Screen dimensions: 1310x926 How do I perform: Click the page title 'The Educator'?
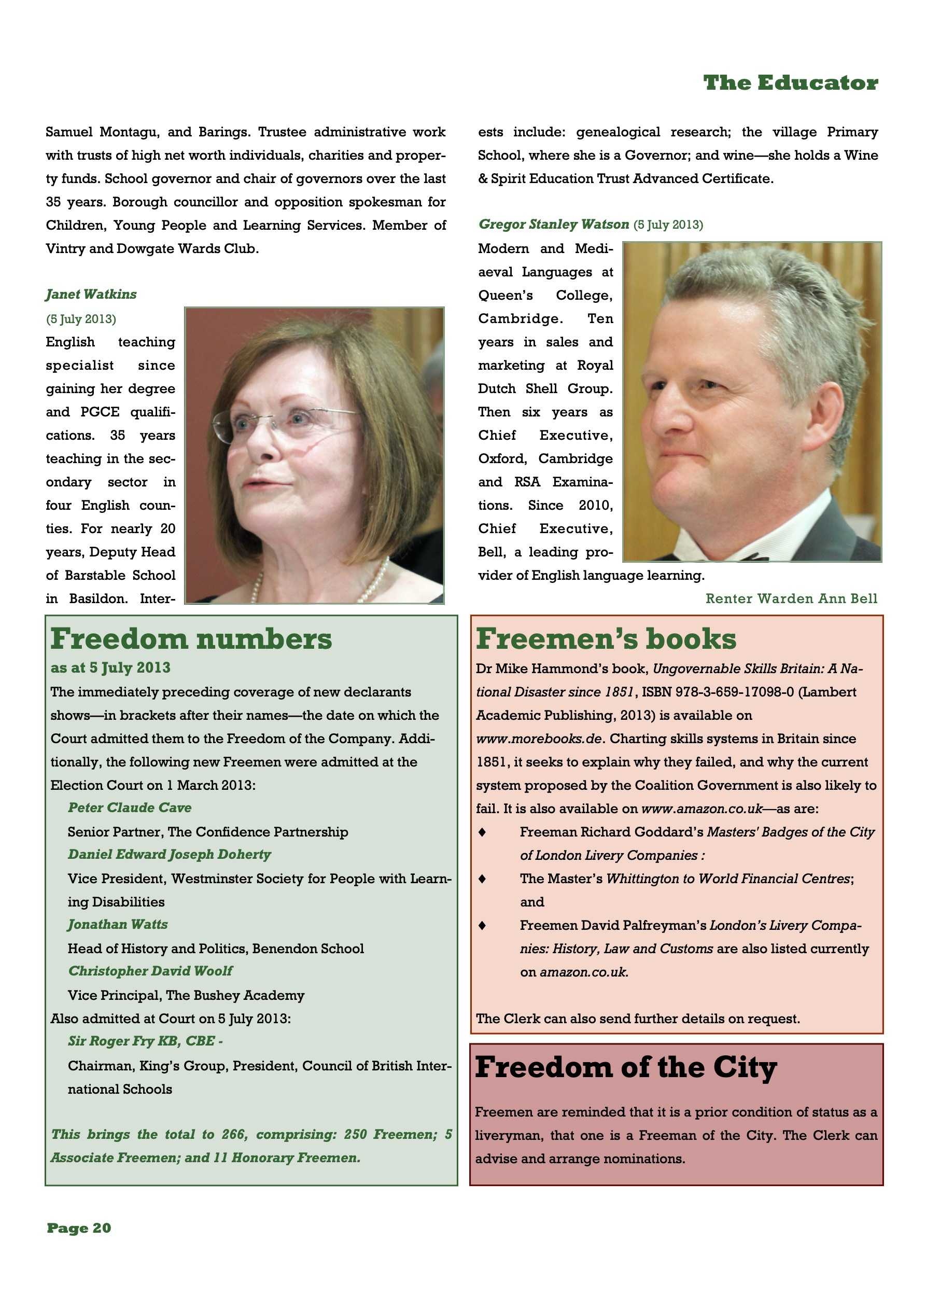pos(790,83)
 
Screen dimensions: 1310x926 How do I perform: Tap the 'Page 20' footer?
pos(79,1229)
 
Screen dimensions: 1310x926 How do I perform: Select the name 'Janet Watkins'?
pos(91,295)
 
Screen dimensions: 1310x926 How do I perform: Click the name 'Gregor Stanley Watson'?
pos(553,224)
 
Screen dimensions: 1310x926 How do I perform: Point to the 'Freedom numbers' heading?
pos(191,639)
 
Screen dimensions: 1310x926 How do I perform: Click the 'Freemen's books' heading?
pos(606,639)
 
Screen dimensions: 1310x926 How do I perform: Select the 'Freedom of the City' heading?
pos(626,1067)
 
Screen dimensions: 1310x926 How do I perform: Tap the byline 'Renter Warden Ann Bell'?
pos(791,598)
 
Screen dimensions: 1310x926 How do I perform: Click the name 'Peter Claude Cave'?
pos(130,808)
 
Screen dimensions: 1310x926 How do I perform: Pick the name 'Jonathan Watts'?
pos(118,924)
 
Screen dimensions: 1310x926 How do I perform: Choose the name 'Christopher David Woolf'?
pos(150,971)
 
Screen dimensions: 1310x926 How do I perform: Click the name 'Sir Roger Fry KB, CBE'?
pos(142,1041)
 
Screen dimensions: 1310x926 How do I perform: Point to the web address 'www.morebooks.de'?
pos(539,739)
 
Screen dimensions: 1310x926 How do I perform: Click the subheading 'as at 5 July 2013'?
pos(110,667)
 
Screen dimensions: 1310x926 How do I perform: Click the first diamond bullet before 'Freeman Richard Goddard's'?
pos(482,832)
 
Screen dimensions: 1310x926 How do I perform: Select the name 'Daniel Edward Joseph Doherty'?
pos(169,855)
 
